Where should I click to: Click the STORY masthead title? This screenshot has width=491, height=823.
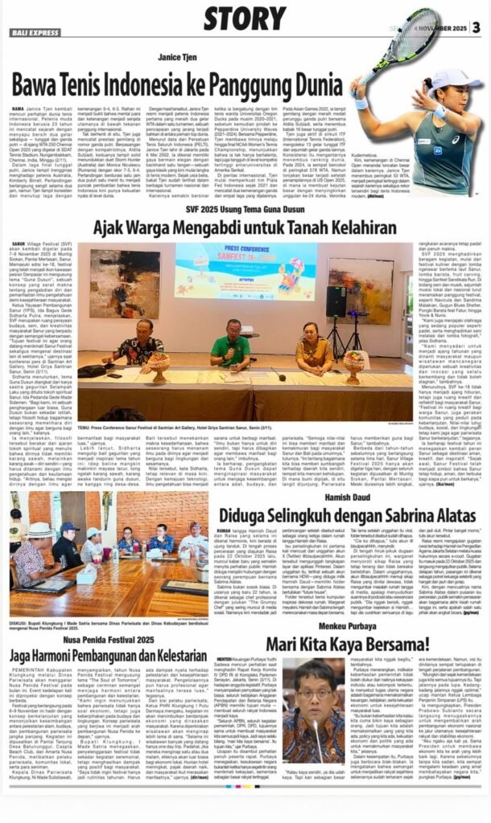point(244,17)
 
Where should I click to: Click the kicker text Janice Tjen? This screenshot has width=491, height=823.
point(179,55)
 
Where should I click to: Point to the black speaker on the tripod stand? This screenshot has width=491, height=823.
point(336,301)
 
